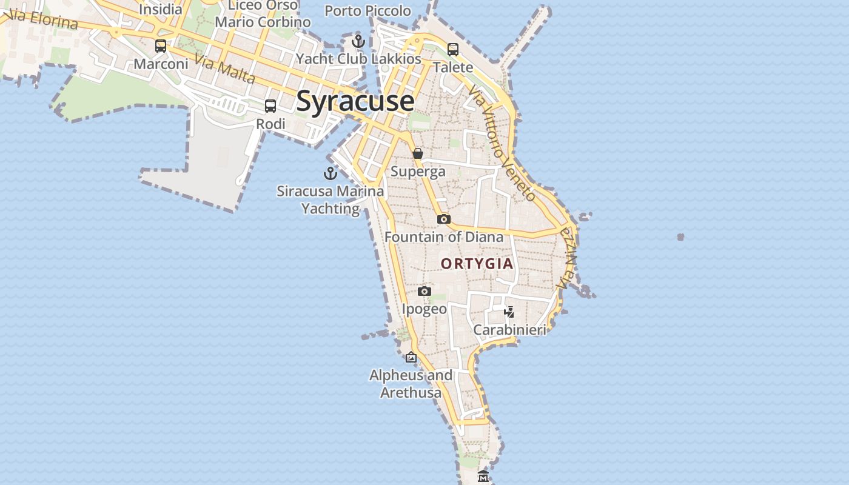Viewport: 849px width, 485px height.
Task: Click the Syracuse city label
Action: [x=355, y=101]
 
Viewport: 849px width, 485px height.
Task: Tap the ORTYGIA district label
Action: [x=477, y=264]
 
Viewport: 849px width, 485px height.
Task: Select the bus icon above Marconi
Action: [x=161, y=46]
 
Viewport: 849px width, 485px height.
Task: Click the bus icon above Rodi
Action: [x=270, y=106]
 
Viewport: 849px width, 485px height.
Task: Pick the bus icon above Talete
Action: [x=453, y=50]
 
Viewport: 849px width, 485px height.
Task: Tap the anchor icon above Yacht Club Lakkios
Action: [x=358, y=41]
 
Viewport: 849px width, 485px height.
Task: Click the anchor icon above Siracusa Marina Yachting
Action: [x=330, y=173]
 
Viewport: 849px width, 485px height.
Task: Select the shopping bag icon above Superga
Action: [x=418, y=153]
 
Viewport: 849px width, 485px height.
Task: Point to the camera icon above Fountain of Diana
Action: [x=444, y=219]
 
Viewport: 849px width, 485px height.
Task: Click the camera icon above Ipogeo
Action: [x=424, y=292]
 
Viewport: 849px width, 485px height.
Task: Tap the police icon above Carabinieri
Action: [x=509, y=312]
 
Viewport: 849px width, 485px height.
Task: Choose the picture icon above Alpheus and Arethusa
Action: [x=411, y=357]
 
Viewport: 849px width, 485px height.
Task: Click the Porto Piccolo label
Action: [x=367, y=11]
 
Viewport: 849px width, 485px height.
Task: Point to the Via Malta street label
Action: [x=226, y=69]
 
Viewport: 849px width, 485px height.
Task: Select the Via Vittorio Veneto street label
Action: [x=502, y=142]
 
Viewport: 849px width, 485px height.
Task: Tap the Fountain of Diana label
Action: [x=444, y=237]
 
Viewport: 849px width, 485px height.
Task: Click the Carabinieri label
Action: [x=509, y=330]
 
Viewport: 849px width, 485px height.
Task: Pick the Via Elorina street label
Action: [x=44, y=19]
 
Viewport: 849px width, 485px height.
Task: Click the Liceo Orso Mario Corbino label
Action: [x=263, y=14]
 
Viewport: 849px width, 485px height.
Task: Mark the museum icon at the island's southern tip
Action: [x=483, y=477]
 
